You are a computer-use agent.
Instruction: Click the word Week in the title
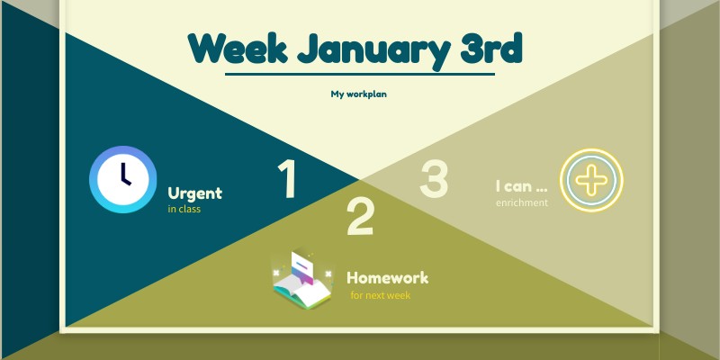(237, 49)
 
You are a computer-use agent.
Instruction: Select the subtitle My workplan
(358, 94)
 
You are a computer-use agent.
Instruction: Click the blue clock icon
(123, 179)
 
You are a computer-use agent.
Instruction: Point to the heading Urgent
(194, 193)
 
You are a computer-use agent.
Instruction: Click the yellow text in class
(184, 210)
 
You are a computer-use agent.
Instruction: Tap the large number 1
(287, 179)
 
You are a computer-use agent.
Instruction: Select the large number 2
(360, 217)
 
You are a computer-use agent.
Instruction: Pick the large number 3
(434, 179)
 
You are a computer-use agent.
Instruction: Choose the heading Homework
(387, 278)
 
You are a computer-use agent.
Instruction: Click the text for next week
(380, 295)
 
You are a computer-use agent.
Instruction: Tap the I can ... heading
(521, 187)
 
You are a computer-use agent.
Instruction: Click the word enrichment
(521, 203)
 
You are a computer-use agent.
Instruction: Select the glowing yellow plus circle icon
(591, 179)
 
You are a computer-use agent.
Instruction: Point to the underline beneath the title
(359, 74)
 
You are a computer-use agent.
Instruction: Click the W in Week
(206, 49)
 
